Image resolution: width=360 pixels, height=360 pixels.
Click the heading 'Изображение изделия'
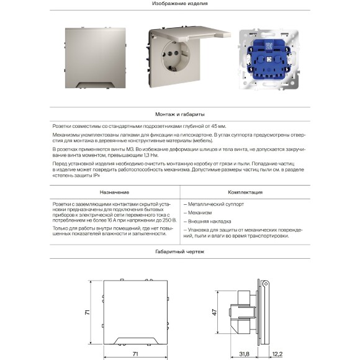pos(179,4)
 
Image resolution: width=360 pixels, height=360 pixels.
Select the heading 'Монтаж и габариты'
pos(179,115)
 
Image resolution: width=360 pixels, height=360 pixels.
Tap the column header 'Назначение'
pos(114,192)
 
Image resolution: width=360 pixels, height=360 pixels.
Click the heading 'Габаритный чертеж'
pos(179,251)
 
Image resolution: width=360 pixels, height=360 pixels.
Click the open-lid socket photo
pos(180,62)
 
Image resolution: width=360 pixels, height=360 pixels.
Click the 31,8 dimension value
pos(244,353)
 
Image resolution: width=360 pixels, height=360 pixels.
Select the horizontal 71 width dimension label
pos(134,353)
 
